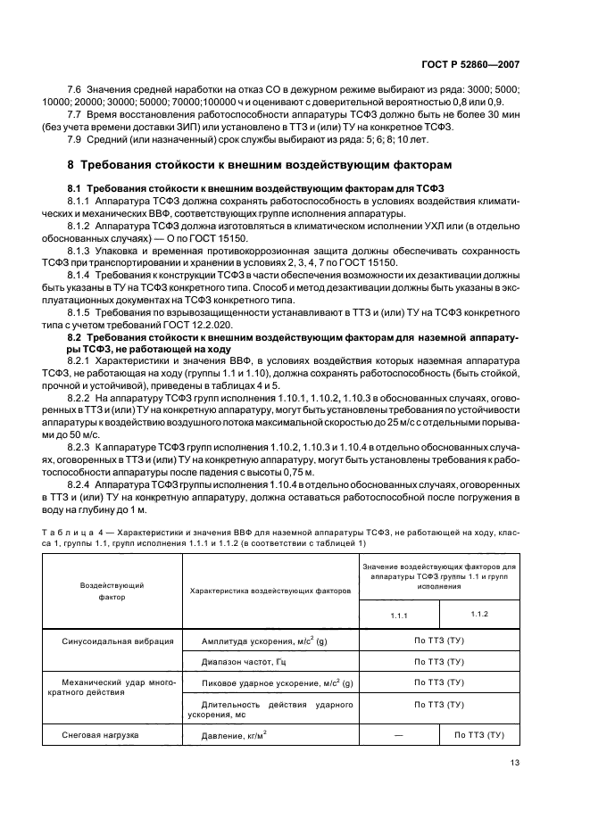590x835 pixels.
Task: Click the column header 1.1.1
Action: [x=399, y=616]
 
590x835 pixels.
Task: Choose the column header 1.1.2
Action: [x=478, y=615]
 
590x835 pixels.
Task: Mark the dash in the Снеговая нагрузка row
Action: [x=399, y=734]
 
